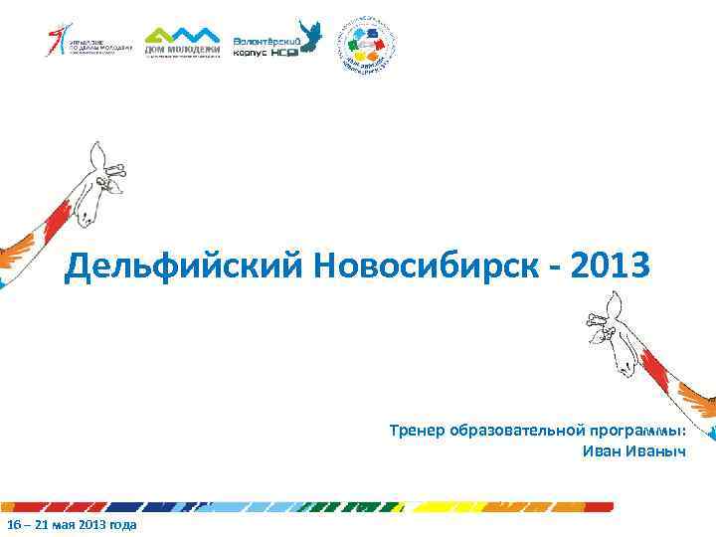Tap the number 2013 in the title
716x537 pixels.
[x=612, y=267]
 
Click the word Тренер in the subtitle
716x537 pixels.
[x=417, y=431]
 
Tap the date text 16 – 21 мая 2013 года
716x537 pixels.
[x=72, y=524]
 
